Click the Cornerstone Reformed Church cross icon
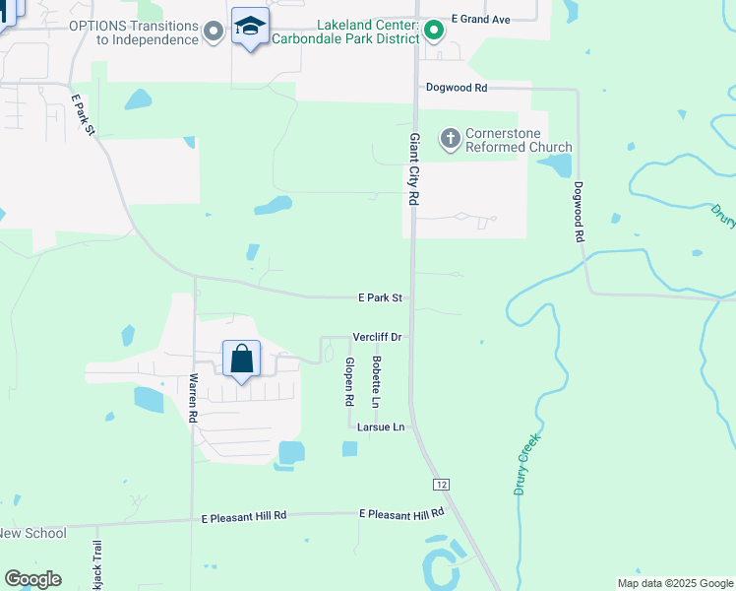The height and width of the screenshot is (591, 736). [x=451, y=138]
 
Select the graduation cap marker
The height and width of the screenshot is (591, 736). [x=250, y=28]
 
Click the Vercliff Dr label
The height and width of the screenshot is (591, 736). [x=377, y=337]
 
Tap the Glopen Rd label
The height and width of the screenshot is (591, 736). [x=348, y=382]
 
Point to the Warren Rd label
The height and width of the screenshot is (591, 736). [x=193, y=398]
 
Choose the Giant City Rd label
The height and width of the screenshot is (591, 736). [x=414, y=168]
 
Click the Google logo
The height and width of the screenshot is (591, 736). [x=32, y=579]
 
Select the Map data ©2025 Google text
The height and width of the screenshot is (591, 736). [x=674, y=583]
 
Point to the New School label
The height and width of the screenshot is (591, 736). [x=32, y=533]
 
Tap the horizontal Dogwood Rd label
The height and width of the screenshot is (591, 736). [x=457, y=88]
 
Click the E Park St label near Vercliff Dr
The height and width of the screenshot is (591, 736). [x=380, y=296]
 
